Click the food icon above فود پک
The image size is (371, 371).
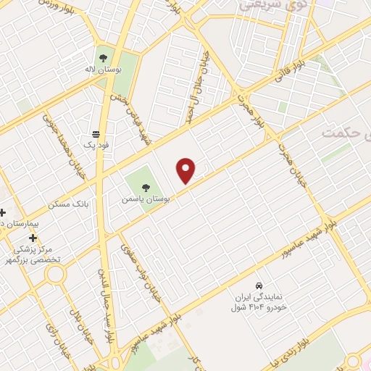click(x=96, y=133)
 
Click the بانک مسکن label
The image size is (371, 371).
click(x=68, y=205)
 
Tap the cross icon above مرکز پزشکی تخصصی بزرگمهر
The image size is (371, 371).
click(x=33, y=237)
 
